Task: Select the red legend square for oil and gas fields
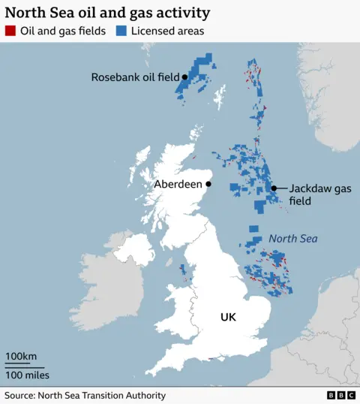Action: click(10, 32)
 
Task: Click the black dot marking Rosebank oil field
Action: click(184, 77)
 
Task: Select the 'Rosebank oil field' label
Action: click(135, 77)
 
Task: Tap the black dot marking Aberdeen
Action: click(208, 184)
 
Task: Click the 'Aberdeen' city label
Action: click(178, 184)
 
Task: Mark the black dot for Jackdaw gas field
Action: click(274, 188)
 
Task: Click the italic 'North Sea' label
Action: click(293, 239)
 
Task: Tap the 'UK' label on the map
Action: click(228, 318)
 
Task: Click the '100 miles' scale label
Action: click(27, 375)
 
